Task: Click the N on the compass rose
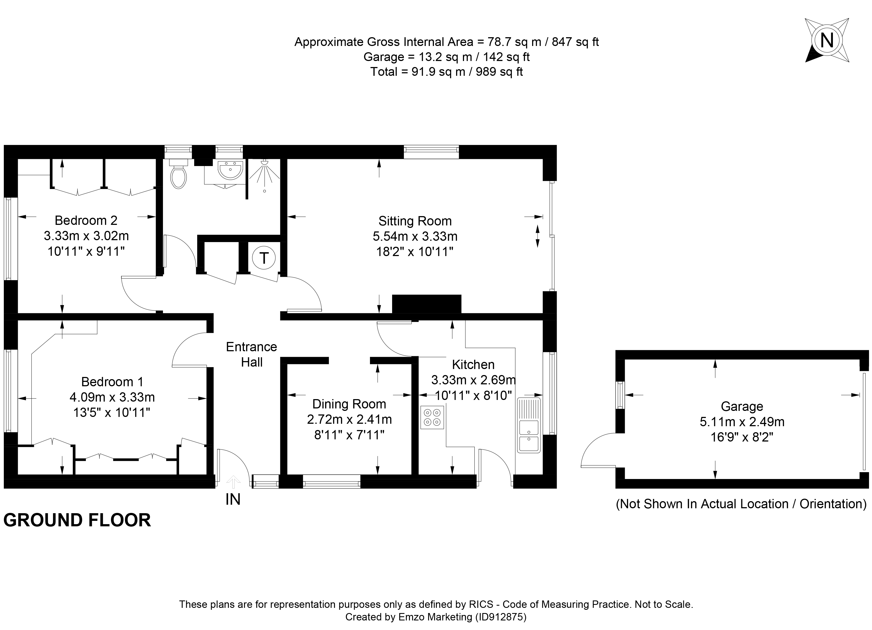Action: coord(827,40)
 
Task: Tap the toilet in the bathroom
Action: coord(178,175)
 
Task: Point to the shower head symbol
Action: coord(264,163)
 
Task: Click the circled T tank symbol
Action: coord(264,258)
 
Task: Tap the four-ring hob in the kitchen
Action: coord(432,417)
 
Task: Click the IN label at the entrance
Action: coord(233,499)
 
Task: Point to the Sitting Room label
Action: coord(415,221)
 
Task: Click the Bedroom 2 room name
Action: coord(86,220)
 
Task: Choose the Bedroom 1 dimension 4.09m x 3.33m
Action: coord(112,397)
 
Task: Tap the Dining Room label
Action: coord(349,404)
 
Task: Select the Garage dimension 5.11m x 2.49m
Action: coord(742,422)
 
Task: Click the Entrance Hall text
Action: coord(252,354)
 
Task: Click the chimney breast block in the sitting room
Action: coord(426,304)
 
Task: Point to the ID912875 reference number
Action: coord(501,617)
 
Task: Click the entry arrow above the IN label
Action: coord(233,481)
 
